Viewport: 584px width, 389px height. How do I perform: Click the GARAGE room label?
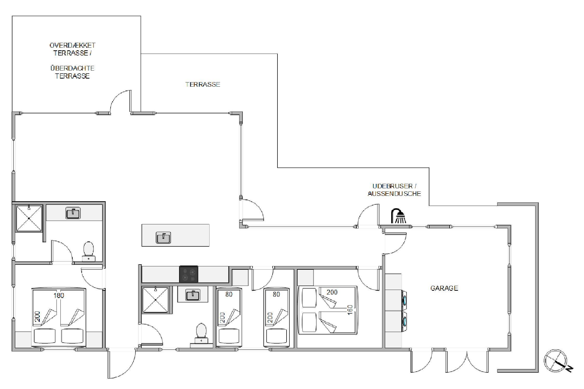(444, 288)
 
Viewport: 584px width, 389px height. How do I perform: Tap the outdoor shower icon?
(398, 216)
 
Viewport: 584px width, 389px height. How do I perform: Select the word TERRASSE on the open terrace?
(203, 84)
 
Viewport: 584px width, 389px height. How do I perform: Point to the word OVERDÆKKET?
(72, 45)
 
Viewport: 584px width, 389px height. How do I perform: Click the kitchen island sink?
(163, 238)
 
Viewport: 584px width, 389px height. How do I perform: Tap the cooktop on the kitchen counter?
(189, 274)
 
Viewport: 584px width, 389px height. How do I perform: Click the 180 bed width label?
(59, 295)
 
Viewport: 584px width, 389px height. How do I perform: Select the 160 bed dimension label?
(350, 310)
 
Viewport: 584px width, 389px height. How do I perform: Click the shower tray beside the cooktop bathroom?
(155, 300)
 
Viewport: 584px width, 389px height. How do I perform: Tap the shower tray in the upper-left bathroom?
(29, 218)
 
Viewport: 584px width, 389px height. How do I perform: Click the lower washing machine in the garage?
(404, 322)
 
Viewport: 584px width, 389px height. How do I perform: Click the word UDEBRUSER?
(392, 186)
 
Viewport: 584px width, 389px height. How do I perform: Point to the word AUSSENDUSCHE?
(394, 194)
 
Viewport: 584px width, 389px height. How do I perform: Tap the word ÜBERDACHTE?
(72, 68)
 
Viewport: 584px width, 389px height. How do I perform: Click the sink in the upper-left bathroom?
(73, 213)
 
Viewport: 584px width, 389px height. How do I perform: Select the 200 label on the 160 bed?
(332, 292)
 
